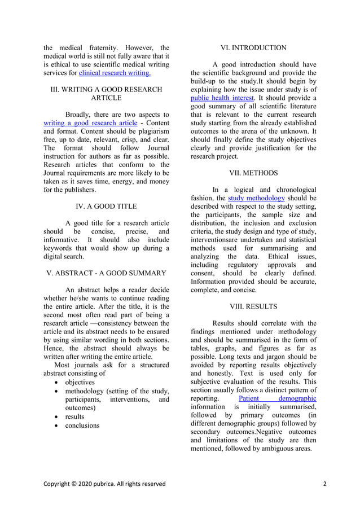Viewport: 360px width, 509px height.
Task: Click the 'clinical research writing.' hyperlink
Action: click(x=115, y=73)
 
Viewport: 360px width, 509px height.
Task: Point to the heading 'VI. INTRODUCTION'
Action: click(x=253, y=48)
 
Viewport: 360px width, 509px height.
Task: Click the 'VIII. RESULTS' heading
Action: click(x=253, y=306)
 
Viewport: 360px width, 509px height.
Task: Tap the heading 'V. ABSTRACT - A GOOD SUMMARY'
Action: click(x=105, y=273)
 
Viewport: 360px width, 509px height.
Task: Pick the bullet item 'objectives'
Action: click(x=80, y=382)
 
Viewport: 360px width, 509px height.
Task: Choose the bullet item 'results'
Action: click(x=74, y=416)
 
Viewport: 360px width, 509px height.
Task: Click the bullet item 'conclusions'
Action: click(x=82, y=425)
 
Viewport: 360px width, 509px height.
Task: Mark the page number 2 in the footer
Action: click(x=325, y=484)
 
